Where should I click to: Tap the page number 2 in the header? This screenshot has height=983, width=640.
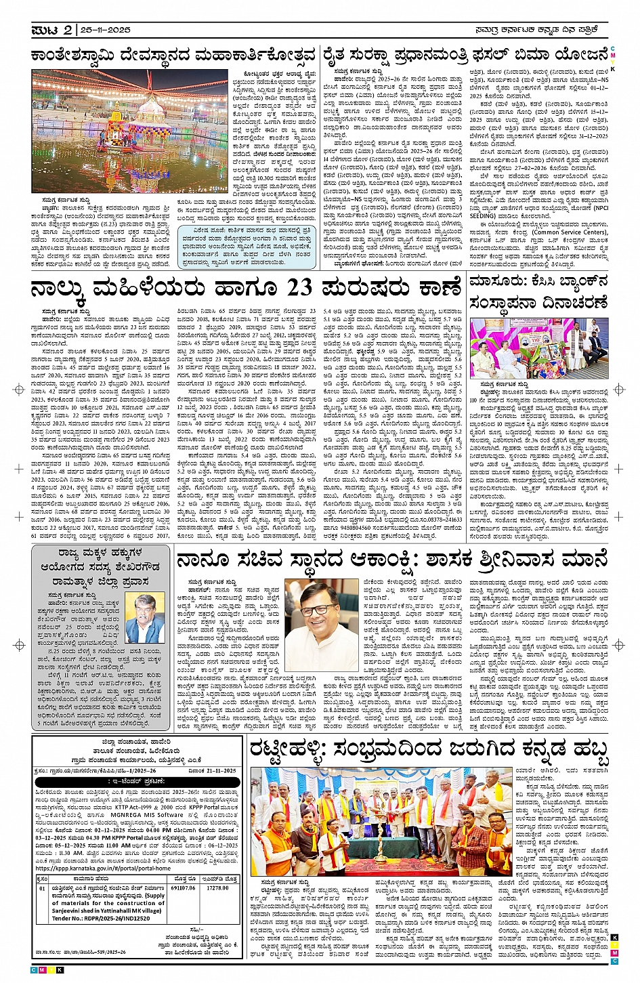click(x=68, y=30)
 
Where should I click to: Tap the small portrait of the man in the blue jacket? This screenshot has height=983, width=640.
click(x=146, y=618)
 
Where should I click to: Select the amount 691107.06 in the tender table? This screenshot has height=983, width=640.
click(x=182, y=887)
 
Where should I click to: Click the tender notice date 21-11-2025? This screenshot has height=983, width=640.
click(x=217, y=771)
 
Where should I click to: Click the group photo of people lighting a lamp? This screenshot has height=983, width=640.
click(x=381, y=822)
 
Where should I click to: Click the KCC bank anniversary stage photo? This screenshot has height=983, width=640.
click(x=538, y=349)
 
